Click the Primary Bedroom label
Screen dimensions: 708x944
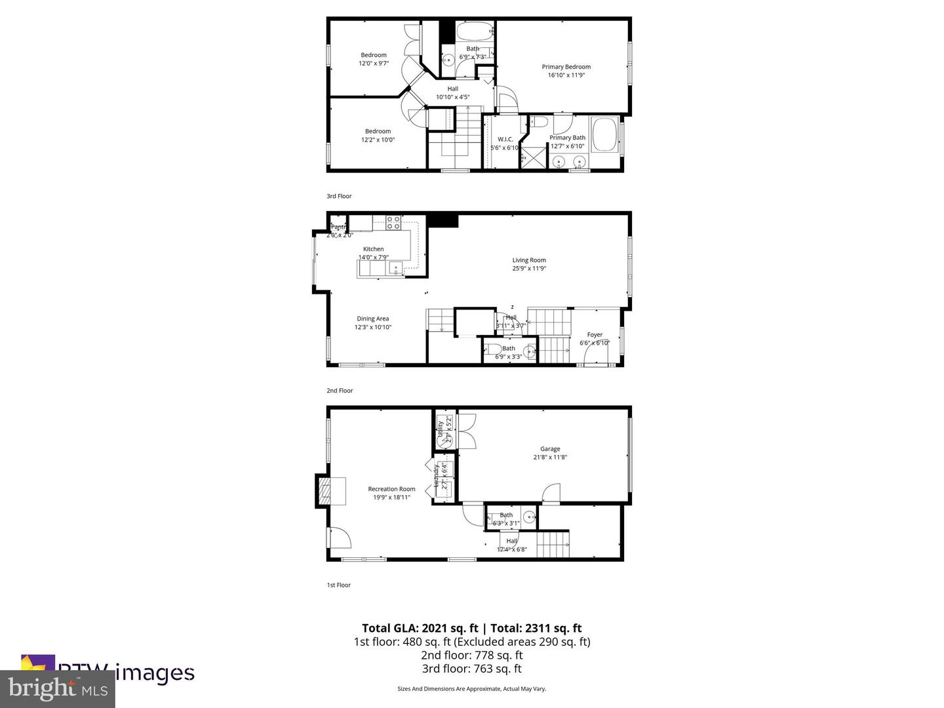(566, 67)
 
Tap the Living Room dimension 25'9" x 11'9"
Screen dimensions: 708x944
(529, 268)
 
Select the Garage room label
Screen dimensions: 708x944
(550, 449)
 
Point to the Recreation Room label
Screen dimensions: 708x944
(391, 489)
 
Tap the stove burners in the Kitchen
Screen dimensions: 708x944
(393, 222)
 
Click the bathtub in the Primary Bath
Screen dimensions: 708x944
(604, 133)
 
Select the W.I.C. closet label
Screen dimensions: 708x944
(505, 139)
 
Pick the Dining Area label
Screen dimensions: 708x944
(372, 319)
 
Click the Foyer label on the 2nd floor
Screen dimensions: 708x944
(594, 334)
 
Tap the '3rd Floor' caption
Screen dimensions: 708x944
(339, 196)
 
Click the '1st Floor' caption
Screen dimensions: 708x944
(338, 585)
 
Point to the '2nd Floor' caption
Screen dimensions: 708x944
(340, 391)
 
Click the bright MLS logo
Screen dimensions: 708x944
(57, 689)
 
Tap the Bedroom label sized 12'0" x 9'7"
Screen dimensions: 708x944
(374, 55)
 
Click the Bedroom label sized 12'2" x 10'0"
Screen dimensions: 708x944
(378, 131)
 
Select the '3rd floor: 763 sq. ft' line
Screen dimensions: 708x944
(471, 669)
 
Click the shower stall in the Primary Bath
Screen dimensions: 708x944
(533, 157)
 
